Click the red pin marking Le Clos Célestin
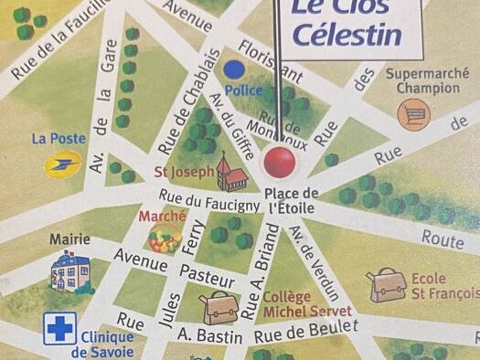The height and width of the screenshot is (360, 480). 280,164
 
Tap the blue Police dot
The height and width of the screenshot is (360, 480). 235,68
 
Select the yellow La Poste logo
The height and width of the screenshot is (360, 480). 63,164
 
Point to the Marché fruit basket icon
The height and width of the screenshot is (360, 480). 165,238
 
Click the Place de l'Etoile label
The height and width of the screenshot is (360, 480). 291,200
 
